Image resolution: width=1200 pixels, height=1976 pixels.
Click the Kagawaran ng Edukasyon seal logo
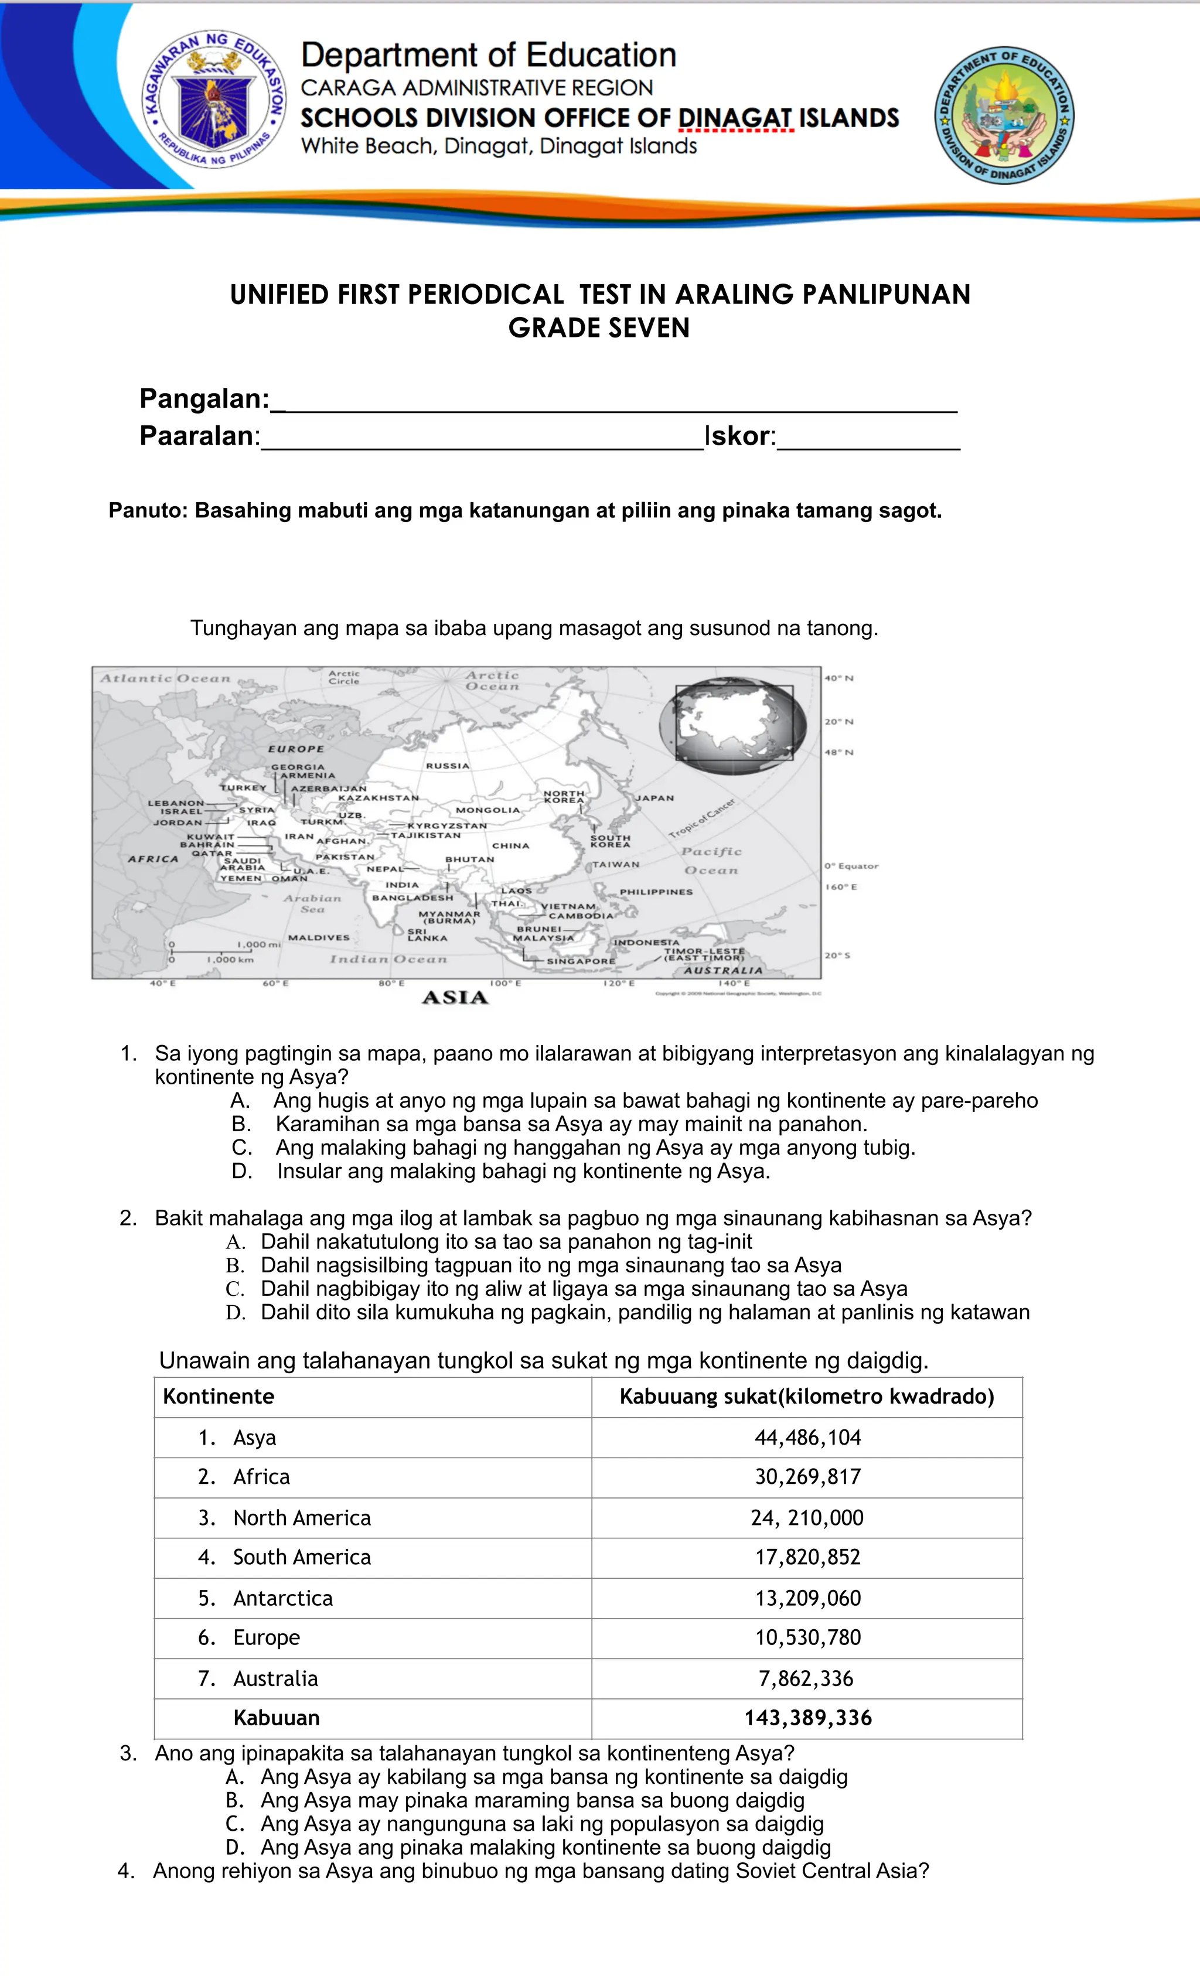[213, 100]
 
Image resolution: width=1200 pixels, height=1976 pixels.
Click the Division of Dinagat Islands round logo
[1004, 115]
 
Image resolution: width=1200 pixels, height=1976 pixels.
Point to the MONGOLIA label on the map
[487, 810]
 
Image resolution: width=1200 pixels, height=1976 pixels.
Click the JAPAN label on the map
[654, 798]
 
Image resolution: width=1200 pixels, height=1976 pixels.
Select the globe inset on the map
[732, 725]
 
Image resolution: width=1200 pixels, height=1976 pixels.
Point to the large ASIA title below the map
[455, 998]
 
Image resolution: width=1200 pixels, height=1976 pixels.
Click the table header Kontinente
[218, 1397]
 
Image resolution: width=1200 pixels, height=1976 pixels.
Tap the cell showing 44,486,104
[807, 1438]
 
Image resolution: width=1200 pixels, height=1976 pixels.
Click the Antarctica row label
[282, 1598]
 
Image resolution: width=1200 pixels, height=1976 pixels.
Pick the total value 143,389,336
[807, 1718]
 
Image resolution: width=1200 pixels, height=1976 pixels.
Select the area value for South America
[807, 1557]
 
